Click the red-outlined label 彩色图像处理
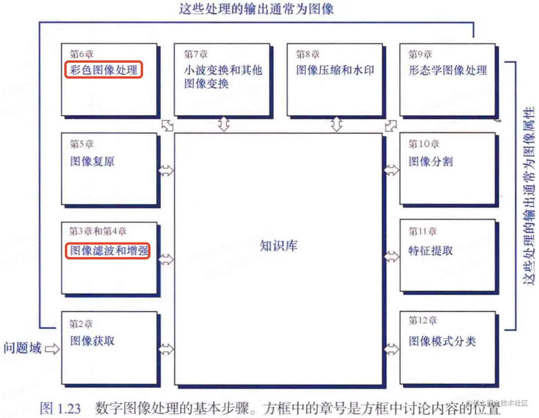(103, 70)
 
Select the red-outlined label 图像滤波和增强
(108, 251)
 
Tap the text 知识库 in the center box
(278, 246)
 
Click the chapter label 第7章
(195, 54)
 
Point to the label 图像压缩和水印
(335, 70)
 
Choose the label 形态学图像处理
(447, 70)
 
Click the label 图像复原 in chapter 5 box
(92, 161)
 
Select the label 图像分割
(430, 161)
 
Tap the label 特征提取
(430, 251)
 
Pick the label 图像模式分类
(442, 341)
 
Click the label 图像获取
(92, 341)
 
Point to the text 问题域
(22, 348)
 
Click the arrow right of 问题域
(52, 349)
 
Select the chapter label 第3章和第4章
(98, 231)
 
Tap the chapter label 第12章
(423, 320)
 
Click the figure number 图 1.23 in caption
(60, 408)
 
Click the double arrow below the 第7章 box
(224, 124)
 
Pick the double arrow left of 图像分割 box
(391, 170)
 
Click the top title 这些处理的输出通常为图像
(256, 8)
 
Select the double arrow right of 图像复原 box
(166, 170)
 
